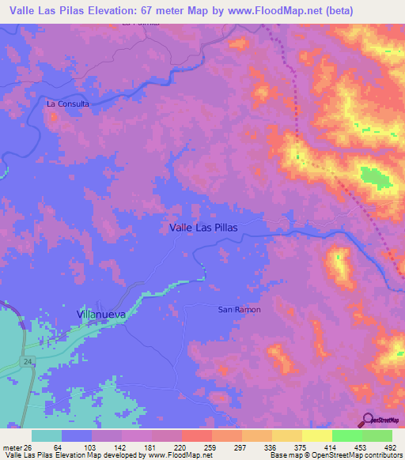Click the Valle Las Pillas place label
pos(203,227)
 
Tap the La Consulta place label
pos(68,104)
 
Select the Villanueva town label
pos(101,314)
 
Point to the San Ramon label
pos(239,310)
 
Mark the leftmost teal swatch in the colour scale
pos(47,436)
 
